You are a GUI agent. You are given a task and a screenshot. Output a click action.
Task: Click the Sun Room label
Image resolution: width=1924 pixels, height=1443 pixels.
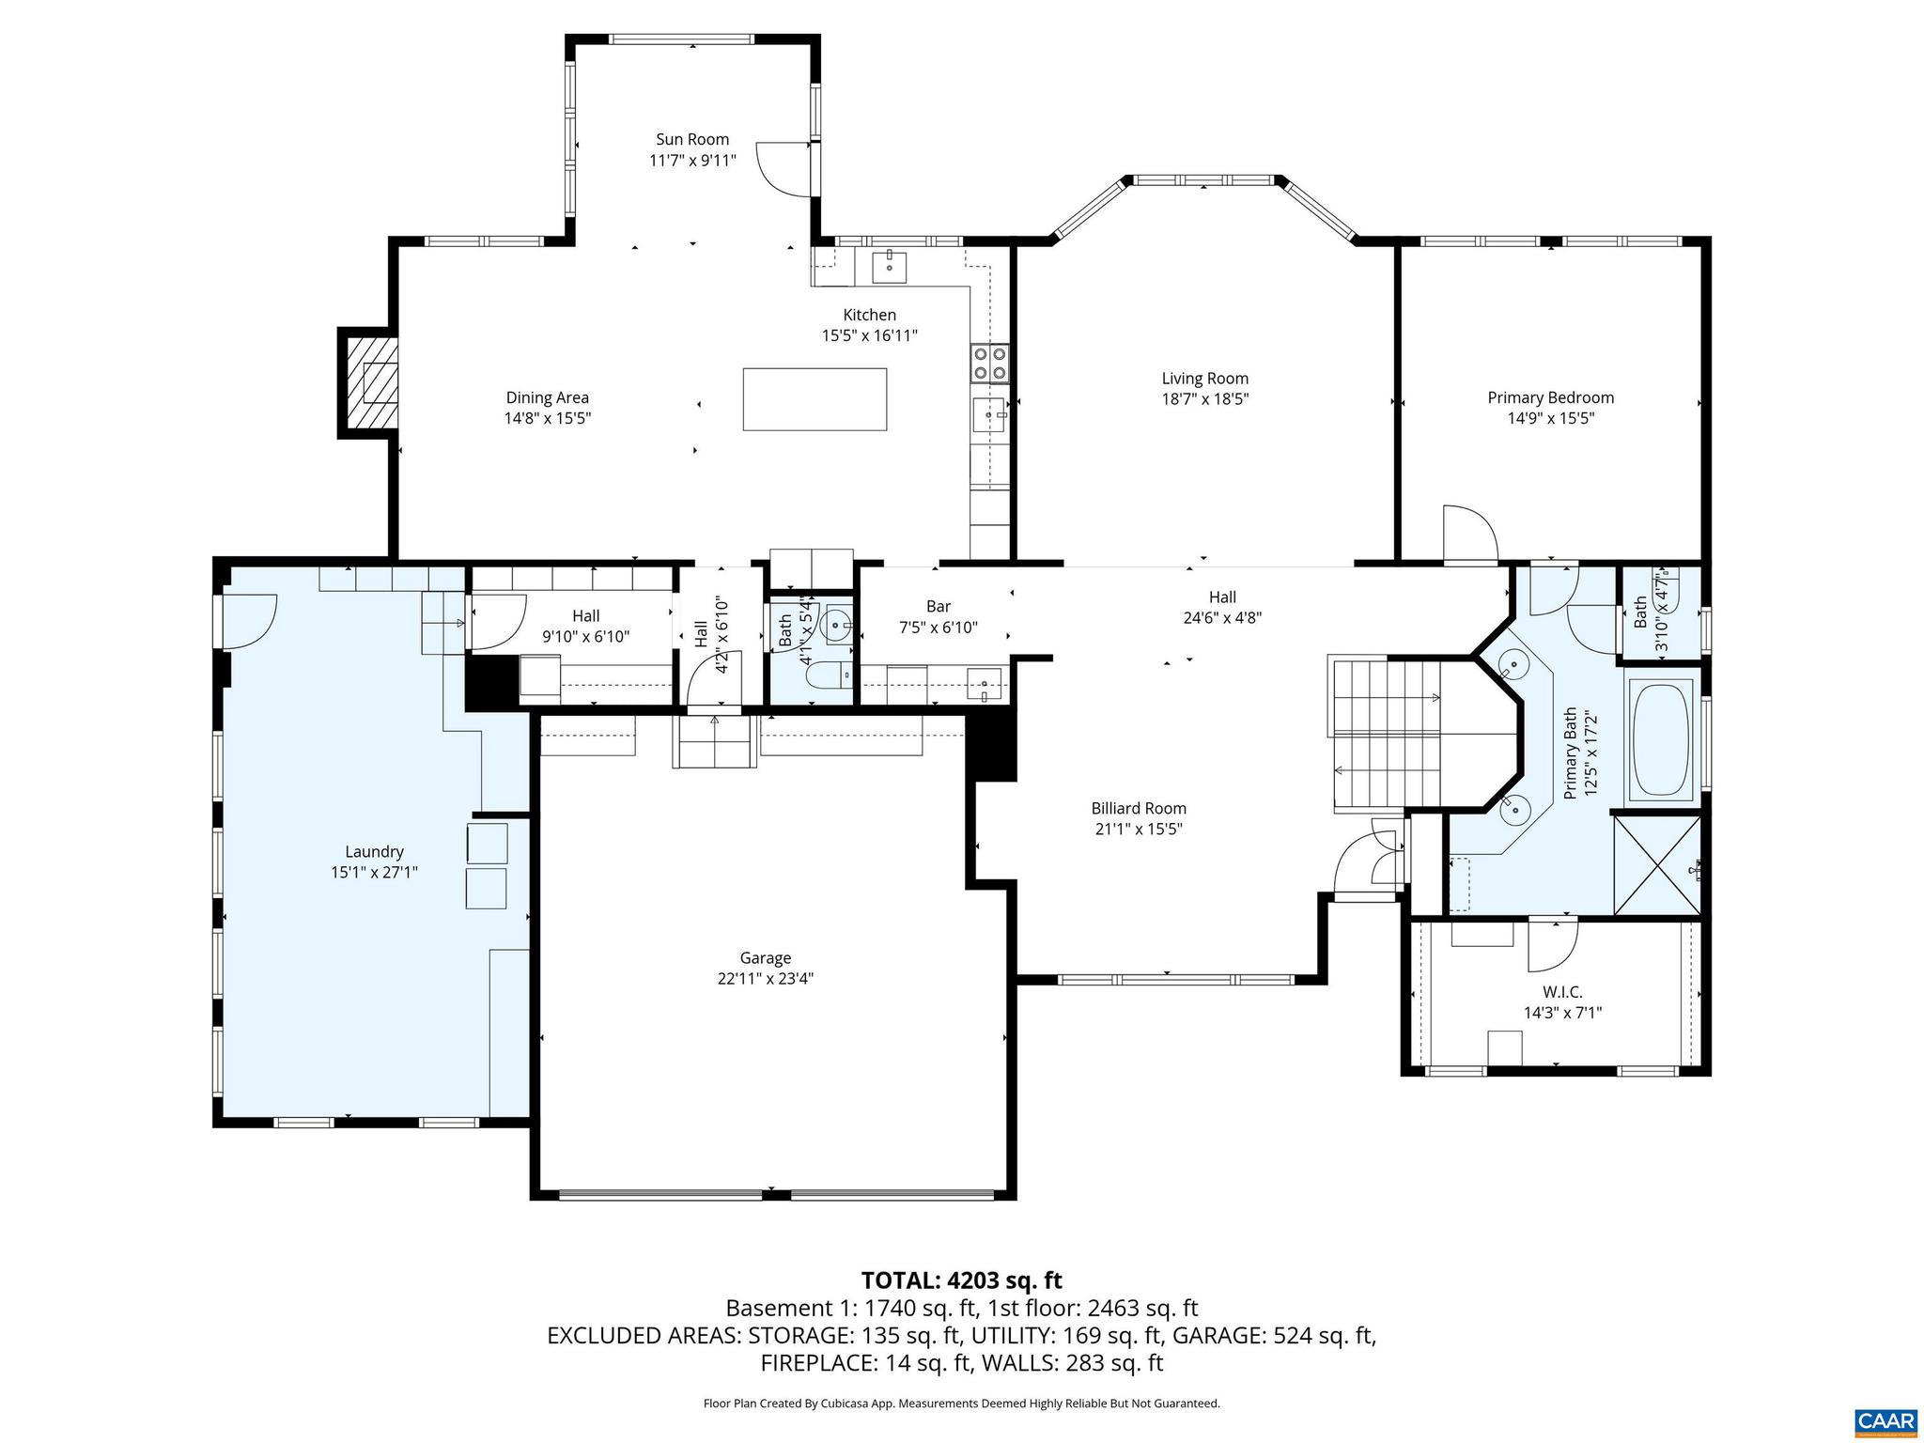click(x=692, y=140)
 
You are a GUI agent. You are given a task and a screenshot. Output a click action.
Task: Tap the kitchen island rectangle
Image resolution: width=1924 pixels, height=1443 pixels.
click(x=815, y=399)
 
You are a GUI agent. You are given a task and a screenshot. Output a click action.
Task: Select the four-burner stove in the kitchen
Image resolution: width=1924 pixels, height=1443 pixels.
click(x=990, y=364)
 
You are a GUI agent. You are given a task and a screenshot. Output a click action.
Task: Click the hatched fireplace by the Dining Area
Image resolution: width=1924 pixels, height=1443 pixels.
click(x=373, y=382)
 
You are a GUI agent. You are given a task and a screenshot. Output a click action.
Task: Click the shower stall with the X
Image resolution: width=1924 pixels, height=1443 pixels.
click(x=1656, y=865)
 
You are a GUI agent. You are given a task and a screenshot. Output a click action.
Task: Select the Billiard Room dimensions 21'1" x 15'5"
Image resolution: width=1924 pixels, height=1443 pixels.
click(x=1139, y=829)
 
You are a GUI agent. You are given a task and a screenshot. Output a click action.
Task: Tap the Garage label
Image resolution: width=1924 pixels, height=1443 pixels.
click(x=765, y=958)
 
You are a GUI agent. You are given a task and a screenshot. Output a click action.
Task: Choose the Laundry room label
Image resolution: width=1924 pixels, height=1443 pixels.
click(x=374, y=852)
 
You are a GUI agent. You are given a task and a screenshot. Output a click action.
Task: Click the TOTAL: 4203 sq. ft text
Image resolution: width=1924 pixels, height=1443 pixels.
click(x=961, y=1280)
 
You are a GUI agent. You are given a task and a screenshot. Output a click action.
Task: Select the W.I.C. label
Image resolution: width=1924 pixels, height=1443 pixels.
click(x=1562, y=992)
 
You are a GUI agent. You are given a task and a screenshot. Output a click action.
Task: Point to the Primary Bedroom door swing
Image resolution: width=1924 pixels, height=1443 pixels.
click(x=1467, y=534)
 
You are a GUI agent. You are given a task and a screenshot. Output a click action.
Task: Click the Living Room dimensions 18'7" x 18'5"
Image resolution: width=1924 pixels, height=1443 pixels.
click(x=1204, y=398)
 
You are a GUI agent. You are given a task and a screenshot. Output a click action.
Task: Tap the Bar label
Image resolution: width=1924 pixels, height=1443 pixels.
click(x=938, y=607)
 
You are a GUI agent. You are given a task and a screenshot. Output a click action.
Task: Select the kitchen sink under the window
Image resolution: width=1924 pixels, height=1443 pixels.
click(x=889, y=267)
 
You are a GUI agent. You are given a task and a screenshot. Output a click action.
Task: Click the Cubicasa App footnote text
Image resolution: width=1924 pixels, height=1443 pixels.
click(x=961, y=1404)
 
